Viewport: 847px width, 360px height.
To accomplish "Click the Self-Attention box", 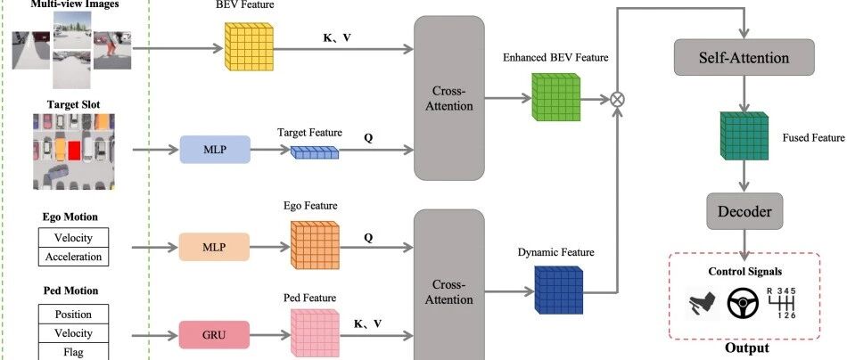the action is click(x=744, y=57).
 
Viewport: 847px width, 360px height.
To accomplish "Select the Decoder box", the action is click(x=744, y=211).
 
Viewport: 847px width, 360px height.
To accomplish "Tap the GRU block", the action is click(x=214, y=335).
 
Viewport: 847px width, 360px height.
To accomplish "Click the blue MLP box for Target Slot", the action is click(x=215, y=149).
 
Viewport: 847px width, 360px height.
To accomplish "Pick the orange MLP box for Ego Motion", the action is click(x=214, y=247).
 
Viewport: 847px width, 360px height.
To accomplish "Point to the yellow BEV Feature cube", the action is click(x=249, y=47).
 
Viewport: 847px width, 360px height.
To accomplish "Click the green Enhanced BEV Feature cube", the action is click(x=555, y=97).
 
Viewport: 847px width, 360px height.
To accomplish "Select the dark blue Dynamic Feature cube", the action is click(x=559, y=290).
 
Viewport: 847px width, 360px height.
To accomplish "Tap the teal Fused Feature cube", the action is click(x=744, y=135).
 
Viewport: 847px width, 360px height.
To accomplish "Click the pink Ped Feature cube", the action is click(x=315, y=333).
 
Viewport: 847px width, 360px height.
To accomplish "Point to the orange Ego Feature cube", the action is click(x=315, y=244).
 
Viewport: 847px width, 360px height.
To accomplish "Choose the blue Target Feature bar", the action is click(x=315, y=152).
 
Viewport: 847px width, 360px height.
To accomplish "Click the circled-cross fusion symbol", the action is click(x=617, y=99).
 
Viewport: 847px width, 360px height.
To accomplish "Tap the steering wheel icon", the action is click(x=743, y=304).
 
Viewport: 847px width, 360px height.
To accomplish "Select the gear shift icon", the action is click(x=782, y=303).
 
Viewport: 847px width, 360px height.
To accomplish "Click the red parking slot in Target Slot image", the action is click(x=74, y=150).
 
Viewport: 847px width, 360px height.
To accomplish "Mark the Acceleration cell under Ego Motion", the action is click(x=73, y=257).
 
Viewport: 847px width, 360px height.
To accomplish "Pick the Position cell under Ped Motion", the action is click(x=73, y=315).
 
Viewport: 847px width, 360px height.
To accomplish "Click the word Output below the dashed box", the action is click(x=746, y=348).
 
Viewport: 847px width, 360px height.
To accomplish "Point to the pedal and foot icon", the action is click(x=703, y=305).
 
